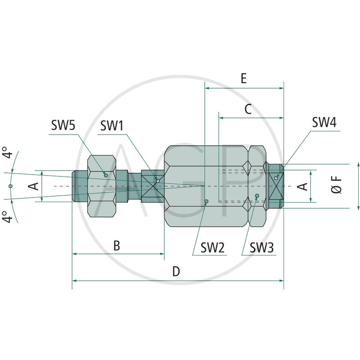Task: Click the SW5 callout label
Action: pos(63,126)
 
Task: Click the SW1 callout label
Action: pos(112,126)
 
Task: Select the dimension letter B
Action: pos(116,245)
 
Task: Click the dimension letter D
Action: pos(176,271)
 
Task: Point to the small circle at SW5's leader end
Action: pos(105,175)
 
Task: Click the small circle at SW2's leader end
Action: pos(206,201)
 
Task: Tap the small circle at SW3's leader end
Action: pos(256,196)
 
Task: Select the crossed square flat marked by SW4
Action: pos(275,185)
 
